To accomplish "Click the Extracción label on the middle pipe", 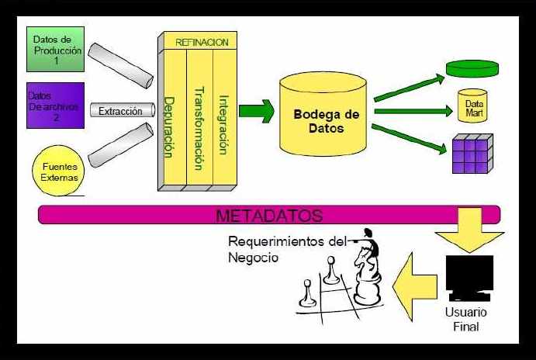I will click(120, 111).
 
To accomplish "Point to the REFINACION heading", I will click(202, 42).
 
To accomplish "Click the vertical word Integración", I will click(223, 124).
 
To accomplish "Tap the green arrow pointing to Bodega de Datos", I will click(256, 111).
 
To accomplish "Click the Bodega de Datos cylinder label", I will click(326, 120).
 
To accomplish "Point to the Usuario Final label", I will click(466, 320).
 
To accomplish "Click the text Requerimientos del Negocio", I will click(283, 249).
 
